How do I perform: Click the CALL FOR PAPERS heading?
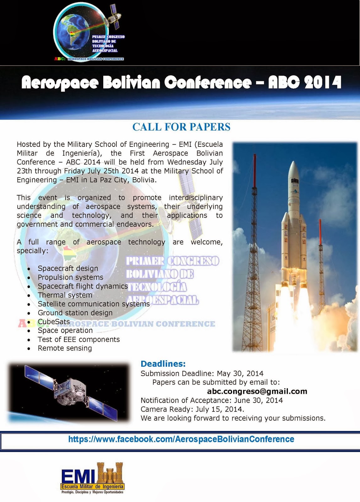pos(181,127)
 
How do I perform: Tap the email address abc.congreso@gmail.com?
pos(257,391)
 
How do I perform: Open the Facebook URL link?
pos(181,439)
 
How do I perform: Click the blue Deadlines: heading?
pos(163,364)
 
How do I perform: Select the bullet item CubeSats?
pos(54,322)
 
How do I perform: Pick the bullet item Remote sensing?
pos(65,348)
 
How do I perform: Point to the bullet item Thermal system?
pos(65,295)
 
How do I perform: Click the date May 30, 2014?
pos(240,373)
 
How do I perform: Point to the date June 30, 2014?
pos(258,400)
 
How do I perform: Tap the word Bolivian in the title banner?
pos(132,83)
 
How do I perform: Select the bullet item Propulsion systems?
pos(70,277)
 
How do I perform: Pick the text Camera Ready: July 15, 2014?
pos(192,409)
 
